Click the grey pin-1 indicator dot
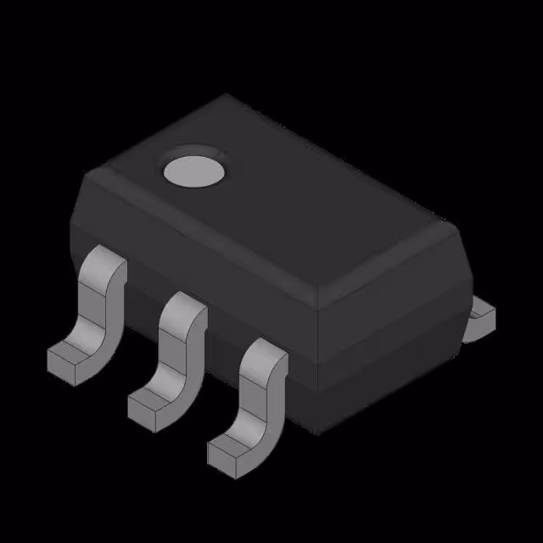194,170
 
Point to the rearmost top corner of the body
225,95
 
